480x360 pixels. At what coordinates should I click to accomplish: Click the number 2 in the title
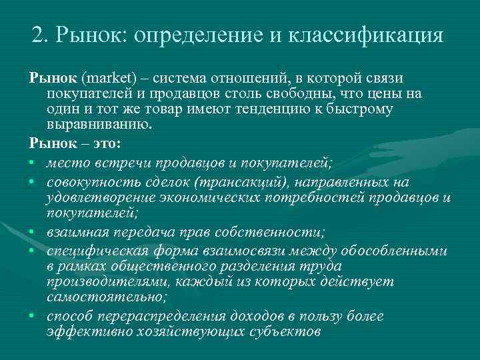click(38, 35)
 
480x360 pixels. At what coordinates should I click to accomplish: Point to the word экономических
click(212, 197)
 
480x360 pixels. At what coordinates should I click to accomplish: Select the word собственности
click(281, 232)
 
